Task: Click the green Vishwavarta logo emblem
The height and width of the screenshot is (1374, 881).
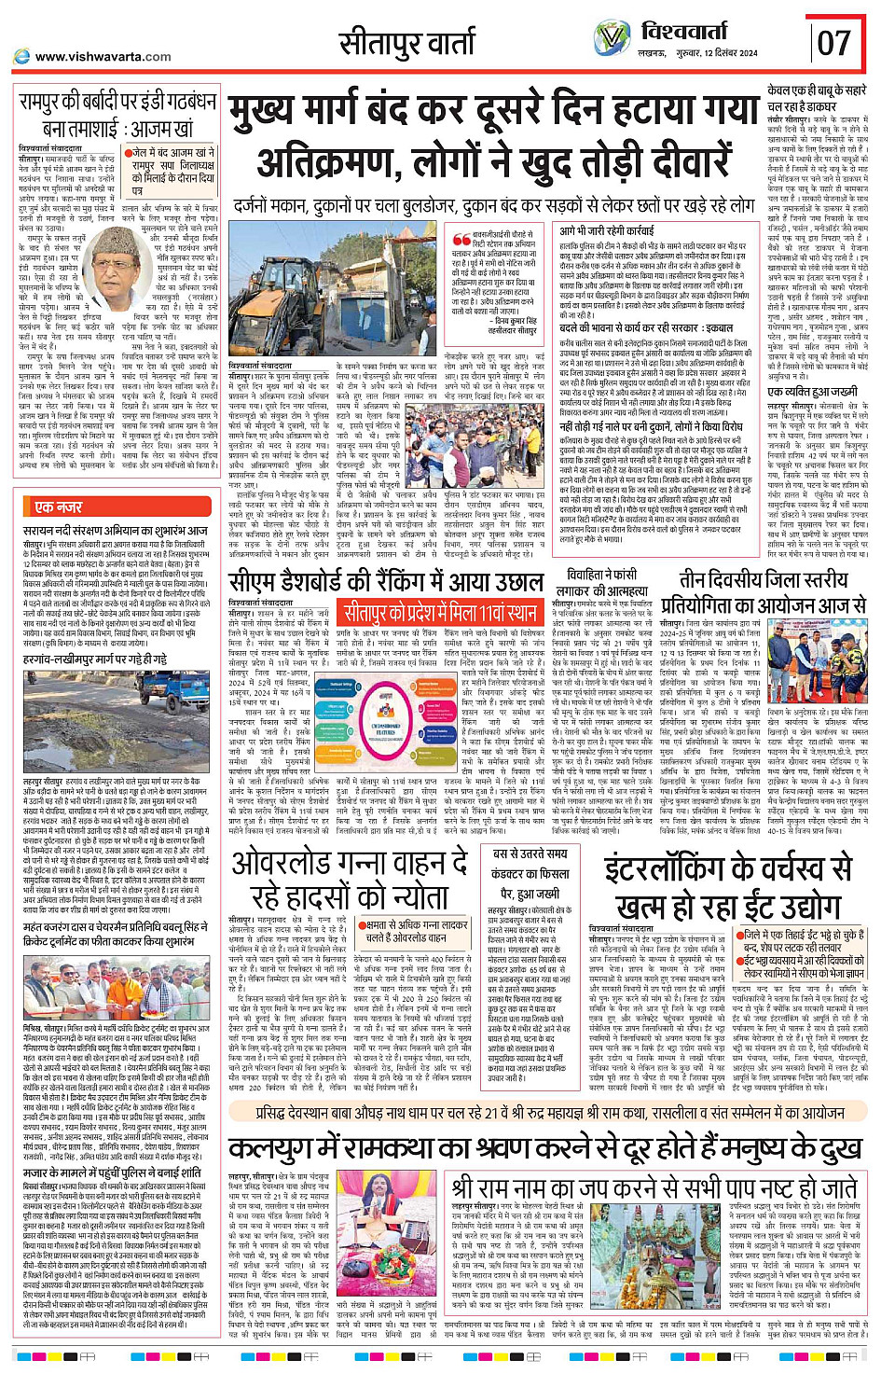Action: [x=613, y=39]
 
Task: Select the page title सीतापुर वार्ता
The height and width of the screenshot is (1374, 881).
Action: [x=406, y=43]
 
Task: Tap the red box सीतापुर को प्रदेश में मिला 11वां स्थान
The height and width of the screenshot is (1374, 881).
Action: [x=441, y=613]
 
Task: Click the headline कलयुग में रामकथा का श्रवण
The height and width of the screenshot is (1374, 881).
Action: [x=545, y=1145]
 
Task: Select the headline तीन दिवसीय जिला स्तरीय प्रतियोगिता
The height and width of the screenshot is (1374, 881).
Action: [x=764, y=591]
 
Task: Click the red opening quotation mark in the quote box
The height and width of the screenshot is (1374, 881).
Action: [x=461, y=241]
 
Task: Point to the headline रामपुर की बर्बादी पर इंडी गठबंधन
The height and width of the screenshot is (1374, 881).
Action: [x=117, y=116]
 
